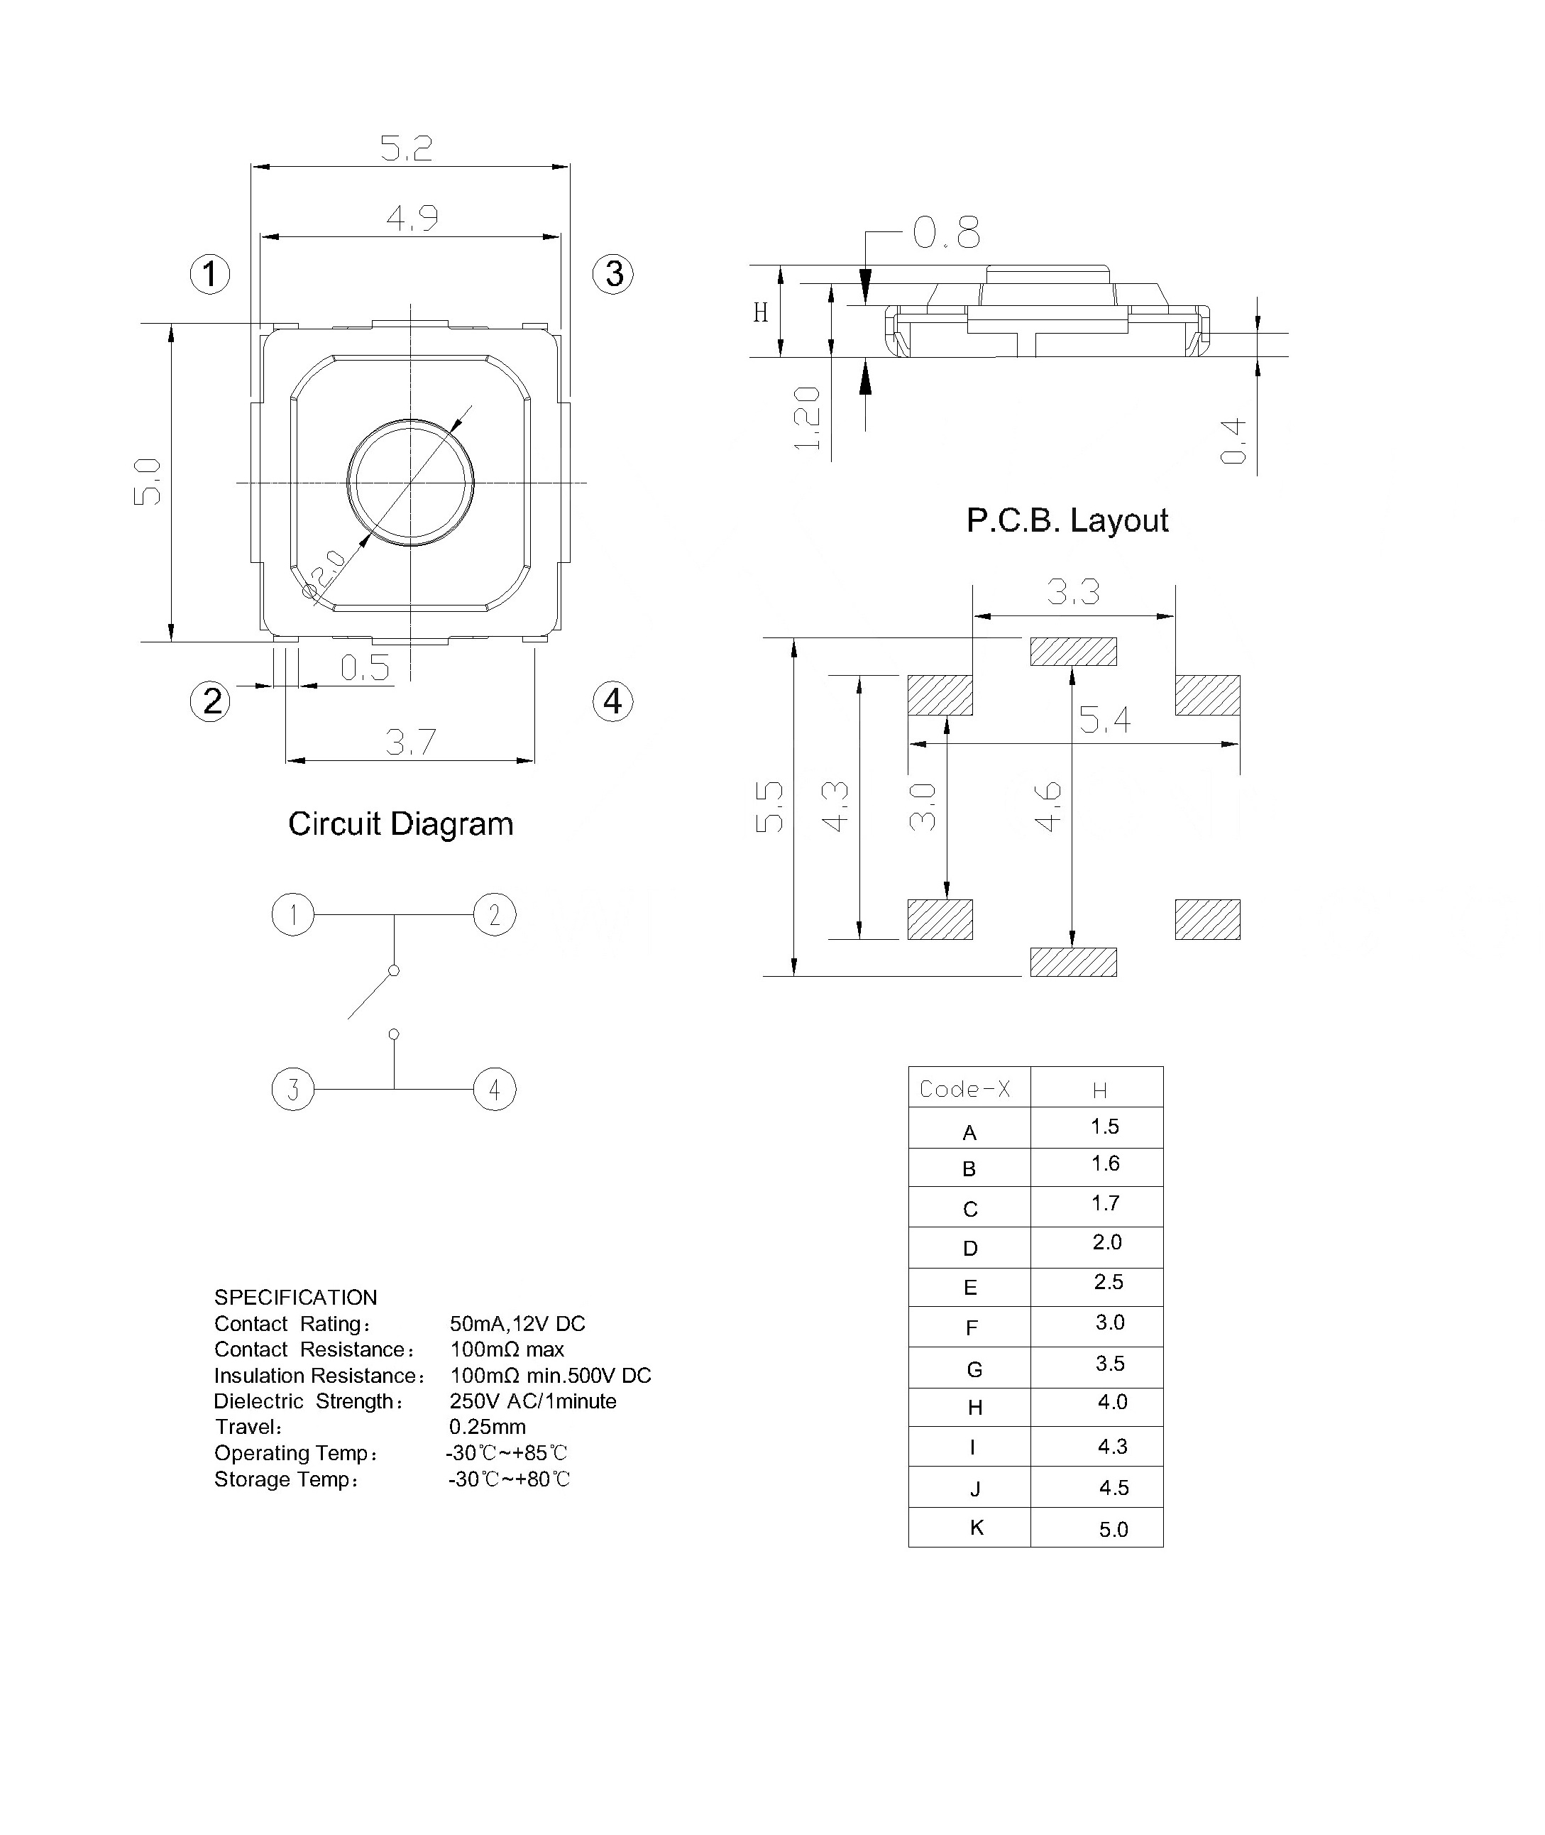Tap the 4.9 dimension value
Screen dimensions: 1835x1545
click(412, 217)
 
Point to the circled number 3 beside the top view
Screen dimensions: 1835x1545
click(613, 273)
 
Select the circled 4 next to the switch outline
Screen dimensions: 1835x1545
click(613, 701)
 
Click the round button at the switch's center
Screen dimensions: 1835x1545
click(411, 482)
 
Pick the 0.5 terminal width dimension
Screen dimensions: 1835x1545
click(364, 668)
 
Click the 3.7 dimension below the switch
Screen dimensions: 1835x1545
click(411, 743)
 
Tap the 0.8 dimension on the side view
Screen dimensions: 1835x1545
click(946, 233)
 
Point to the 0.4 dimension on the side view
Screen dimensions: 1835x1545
click(1233, 441)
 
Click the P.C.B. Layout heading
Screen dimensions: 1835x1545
click(1067, 520)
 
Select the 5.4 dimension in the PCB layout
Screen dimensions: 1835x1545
click(1104, 720)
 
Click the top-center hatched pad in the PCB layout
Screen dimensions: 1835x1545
click(1073, 652)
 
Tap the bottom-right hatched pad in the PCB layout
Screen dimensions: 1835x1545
click(1207, 920)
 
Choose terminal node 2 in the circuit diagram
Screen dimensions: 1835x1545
click(495, 914)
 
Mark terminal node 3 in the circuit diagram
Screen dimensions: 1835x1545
click(292, 1090)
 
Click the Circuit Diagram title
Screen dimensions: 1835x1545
click(400, 823)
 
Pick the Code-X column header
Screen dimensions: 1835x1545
click(964, 1089)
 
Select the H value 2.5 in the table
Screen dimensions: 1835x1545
click(1108, 1282)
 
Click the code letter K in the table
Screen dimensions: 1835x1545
click(977, 1528)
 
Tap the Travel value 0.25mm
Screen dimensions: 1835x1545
click(487, 1427)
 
